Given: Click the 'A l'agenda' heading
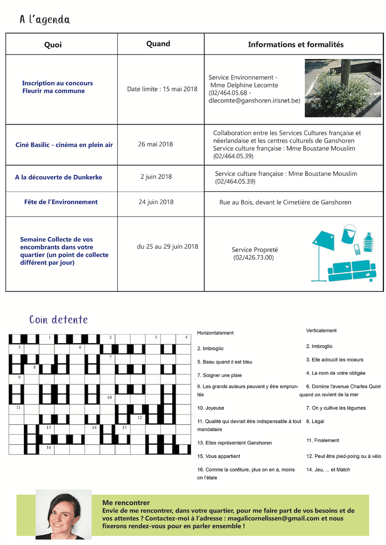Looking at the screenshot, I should (45, 20).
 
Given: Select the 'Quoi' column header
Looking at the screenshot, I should (53, 45).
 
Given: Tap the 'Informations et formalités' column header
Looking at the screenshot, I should (295, 45).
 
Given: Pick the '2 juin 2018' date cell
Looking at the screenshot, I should (156, 177).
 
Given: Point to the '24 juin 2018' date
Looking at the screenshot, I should (156, 202).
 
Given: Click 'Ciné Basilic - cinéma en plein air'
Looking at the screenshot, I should (64, 144).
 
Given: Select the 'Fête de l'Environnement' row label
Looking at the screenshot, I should (61, 202).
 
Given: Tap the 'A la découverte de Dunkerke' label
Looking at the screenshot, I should (59, 177).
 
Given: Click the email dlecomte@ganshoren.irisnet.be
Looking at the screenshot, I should (254, 101).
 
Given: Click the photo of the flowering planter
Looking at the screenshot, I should (343, 88).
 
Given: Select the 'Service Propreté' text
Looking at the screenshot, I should (255, 250).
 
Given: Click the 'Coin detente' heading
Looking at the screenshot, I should (59, 320).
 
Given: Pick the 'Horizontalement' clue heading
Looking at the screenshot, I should (215, 333).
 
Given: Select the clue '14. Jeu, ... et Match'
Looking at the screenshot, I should (328, 469).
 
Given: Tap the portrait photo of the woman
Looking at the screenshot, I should (63, 514).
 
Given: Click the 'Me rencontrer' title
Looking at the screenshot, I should (126, 502).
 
